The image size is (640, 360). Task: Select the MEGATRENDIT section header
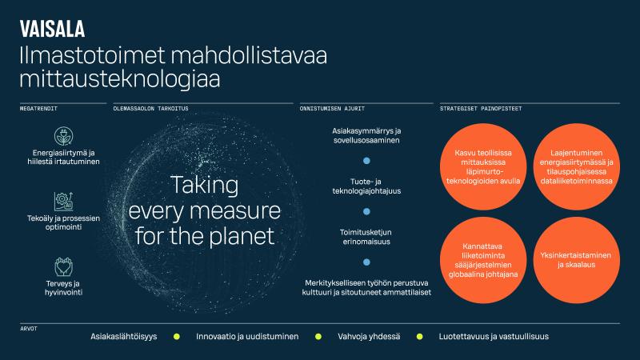[x=38, y=107]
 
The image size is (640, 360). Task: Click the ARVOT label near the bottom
[x=28, y=328]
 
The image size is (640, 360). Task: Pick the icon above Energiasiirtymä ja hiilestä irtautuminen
[x=62, y=134]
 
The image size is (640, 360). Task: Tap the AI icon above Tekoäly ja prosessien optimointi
[x=62, y=201]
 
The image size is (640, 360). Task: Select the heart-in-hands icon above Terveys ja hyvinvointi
[x=62, y=266]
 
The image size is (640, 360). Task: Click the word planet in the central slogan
[x=239, y=237]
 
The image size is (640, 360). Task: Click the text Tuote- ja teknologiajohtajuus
[x=366, y=186]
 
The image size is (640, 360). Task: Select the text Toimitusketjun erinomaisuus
[x=366, y=236]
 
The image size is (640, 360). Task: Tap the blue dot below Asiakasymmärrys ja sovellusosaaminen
[x=366, y=161]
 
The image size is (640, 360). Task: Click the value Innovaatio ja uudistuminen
[x=247, y=337]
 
